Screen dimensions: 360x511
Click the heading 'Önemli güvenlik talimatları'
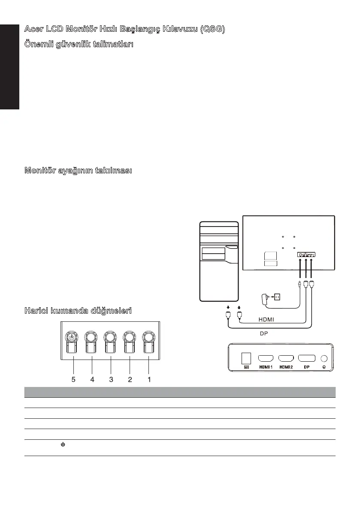(x=79, y=45)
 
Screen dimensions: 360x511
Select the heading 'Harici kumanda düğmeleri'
(x=78, y=310)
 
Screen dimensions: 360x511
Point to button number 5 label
(x=73, y=379)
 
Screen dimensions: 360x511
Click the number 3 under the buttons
(x=111, y=379)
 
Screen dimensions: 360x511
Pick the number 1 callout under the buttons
(x=148, y=379)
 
